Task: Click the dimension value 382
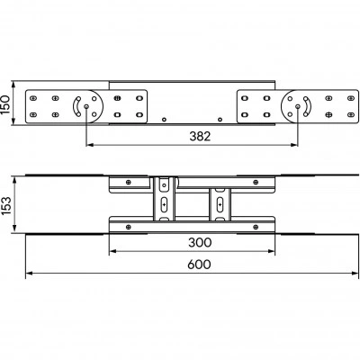coord(200,137)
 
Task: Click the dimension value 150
coord(5,104)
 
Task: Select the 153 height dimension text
coord(5,205)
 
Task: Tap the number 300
coord(200,242)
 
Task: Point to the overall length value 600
coord(199,265)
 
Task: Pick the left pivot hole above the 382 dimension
coord(86,106)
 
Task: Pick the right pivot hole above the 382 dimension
coord(298,106)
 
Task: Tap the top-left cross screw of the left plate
coord(33,98)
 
